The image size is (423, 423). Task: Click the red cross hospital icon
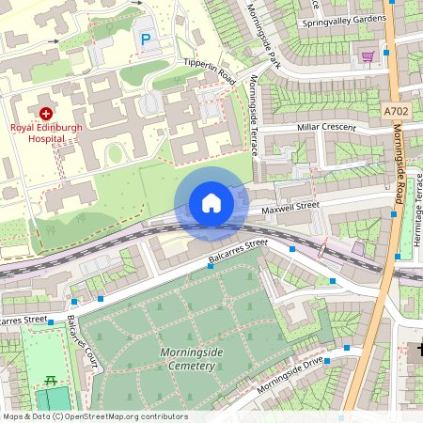(46, 112)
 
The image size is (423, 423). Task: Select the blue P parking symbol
(145, 39)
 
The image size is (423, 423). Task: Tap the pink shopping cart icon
(368, 56)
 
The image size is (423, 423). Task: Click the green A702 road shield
(397, 111)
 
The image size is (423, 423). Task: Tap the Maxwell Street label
(290, 204)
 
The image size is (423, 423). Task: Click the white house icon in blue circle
(211, 203)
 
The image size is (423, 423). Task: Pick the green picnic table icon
(50, 381)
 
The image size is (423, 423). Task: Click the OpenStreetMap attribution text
(94, 416)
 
